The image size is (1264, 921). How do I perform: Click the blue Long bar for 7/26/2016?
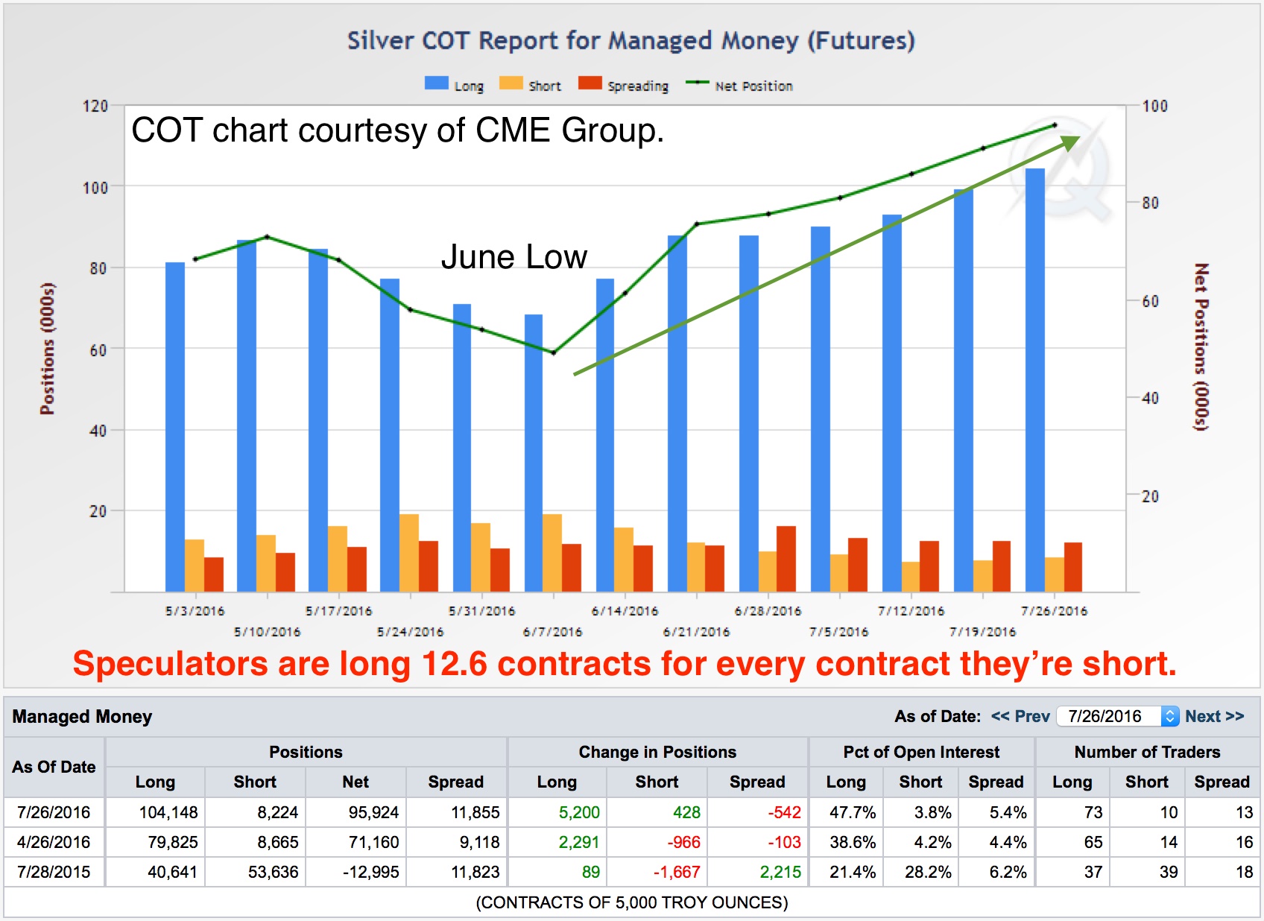point(1034,380)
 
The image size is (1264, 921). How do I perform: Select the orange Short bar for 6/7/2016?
point(552,553)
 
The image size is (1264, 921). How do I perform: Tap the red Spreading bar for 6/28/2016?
point(786,559)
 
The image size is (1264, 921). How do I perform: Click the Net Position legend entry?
point(739,86)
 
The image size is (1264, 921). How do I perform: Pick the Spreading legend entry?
point(624,86)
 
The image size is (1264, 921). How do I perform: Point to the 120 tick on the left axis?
point(95,106)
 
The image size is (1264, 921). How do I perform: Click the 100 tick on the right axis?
point(1154,106)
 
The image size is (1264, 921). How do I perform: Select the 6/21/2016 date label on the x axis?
point(696,632)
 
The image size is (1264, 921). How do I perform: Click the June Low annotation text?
point(513,257)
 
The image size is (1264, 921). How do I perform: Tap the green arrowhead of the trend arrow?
point(1070,142)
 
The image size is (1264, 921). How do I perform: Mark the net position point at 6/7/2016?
point(553,352)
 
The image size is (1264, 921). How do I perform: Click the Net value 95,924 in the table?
point(373,812)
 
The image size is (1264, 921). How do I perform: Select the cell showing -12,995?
point(370,872)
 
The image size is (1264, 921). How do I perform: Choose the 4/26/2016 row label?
point(54,842)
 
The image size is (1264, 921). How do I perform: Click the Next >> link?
point(1214,716)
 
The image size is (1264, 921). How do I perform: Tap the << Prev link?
point(1020,716)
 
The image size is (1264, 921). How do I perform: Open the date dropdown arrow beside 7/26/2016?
point(1170,716)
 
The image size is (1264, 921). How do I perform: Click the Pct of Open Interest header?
point(921,752)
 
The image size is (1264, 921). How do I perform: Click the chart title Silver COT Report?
point(631,40)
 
